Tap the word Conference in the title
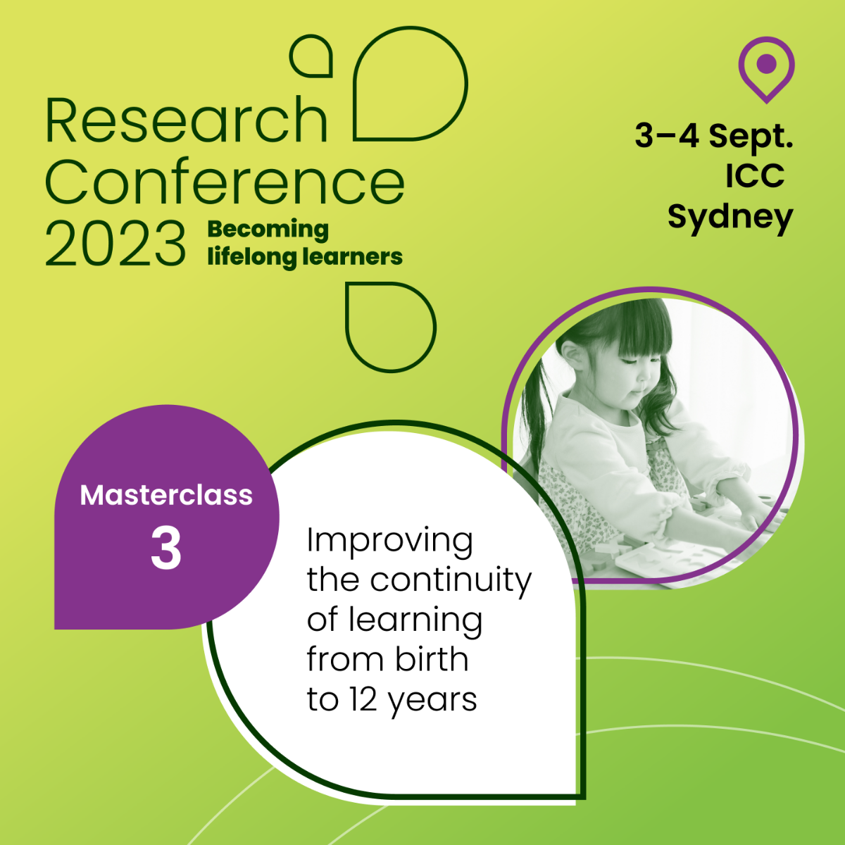coord(225,182)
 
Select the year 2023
coord(115,244)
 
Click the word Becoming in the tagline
coord(268,230)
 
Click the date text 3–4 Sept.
coord(714,137)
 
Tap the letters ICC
coord(755,176)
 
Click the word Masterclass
coord(166,495)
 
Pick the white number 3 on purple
coord(165,548)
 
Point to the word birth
coord(432,659)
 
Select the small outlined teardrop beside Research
coord(311,56)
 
